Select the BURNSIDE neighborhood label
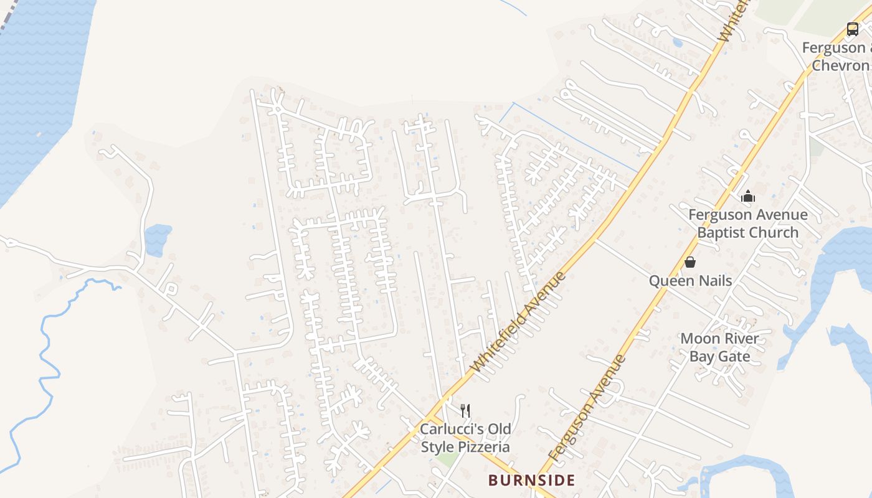pyautogui.click(x=531, y=480)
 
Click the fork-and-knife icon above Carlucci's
pyautogui.click(x=465, y=410)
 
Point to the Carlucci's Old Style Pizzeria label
pyautogui.click(x=465, y=438)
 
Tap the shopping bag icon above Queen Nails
pyautogui.click(x=690, y=262)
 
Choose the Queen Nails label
pyautogui.click(x=690, y=281)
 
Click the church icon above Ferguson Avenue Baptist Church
pyautogui.click(x=748, y=197)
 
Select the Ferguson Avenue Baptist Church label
pyautogui.click(x=747, y=223)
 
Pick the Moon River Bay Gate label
pyautogui.click(x=719, y=347)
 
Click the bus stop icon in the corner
pyautogui.click(x=852, y=29)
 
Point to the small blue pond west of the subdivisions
pyautogui.click(x=157, y=240)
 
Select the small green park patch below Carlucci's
pyautogui.click(x=447, y=459)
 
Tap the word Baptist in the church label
pyautogui.click(x=720, y=232)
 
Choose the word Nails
pyautogui.click(x=714, y=281)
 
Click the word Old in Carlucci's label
pyautogui.click(x=499, y=429)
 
